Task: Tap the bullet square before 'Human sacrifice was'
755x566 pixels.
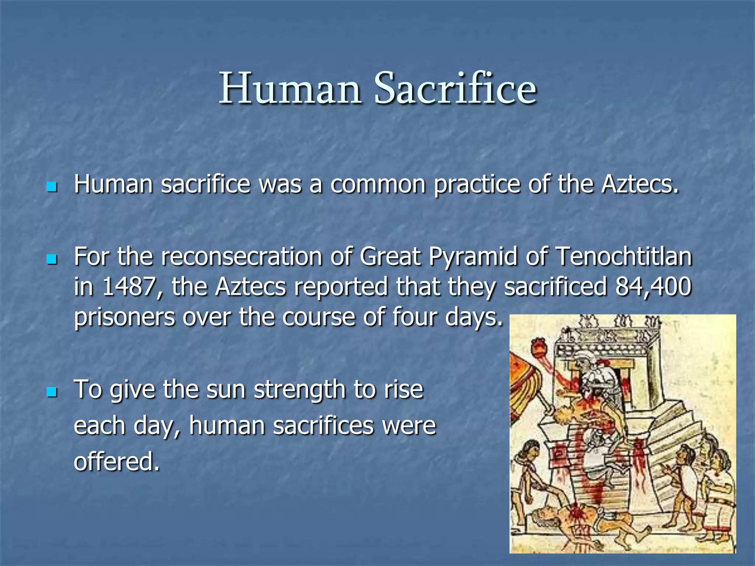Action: (52, 186)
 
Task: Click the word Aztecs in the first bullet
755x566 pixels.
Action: (640, 184)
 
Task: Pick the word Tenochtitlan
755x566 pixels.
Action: (623, 256)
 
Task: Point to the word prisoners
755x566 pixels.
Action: (124, 317)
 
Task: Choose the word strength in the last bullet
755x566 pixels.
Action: (299, 390)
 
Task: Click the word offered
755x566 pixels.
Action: (117, 461)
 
